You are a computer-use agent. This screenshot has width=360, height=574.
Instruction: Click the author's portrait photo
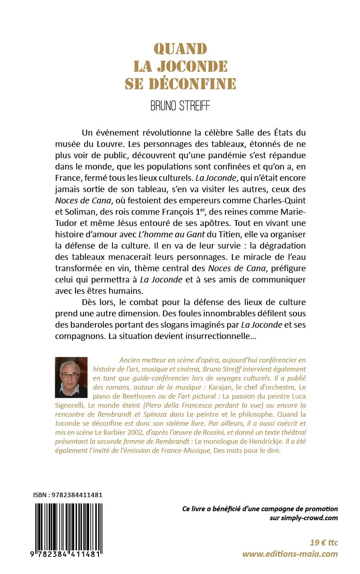pyautogui.click(x=71, y=376)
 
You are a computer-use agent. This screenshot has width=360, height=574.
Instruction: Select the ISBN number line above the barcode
pyautogui.click(x=68, y=494)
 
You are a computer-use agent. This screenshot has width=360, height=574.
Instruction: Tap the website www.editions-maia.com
pyautogui.click(x=290, y=554)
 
